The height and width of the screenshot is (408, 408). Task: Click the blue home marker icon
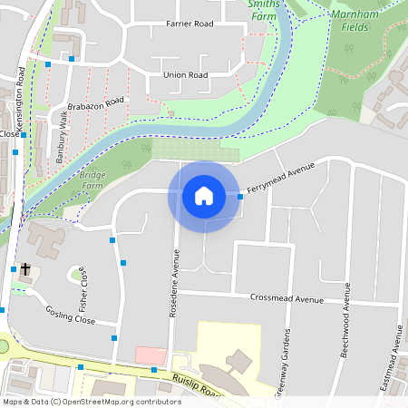[x=204, y=196]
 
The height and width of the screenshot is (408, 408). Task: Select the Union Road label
[x=185, y=75]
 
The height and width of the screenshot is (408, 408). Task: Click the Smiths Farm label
[x=264, y=10]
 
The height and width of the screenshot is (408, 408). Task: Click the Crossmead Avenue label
[x=287, y=299]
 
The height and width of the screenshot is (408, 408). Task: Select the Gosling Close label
[x=71, y=315]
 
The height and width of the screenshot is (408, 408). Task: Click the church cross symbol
[x=25, y=269]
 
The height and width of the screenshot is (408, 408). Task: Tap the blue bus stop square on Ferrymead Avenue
[x=240, y=196]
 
